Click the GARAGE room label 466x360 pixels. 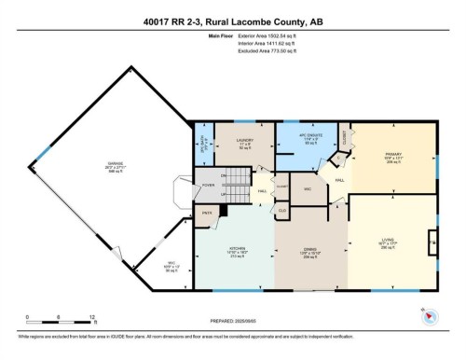pos(116,167)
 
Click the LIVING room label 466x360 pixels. pos(390,243)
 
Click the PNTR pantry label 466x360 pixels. pos(210,213)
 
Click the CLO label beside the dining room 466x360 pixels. pos(282,212)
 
